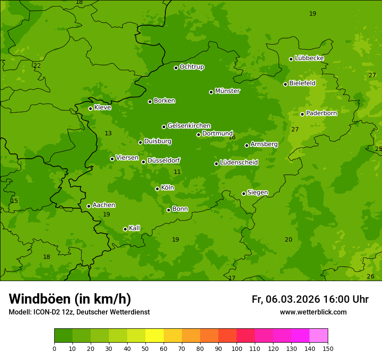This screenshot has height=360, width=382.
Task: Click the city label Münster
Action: tap(227, 91)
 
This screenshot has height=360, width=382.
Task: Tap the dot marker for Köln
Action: tap(157, 189)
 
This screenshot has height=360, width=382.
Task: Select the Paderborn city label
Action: tap(321, 113)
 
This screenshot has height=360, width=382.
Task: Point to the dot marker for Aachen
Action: tap(89, 206)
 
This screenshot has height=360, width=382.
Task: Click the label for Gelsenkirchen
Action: tap(189, 126)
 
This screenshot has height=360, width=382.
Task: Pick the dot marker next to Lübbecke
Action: tap(291, 59)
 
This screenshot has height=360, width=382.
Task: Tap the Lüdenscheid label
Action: tap(239, 163)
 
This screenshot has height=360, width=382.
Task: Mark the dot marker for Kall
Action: tap(125, 229)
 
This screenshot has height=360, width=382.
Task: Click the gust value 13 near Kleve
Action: tap(108, 133)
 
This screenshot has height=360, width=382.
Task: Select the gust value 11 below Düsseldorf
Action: tap(177, 172)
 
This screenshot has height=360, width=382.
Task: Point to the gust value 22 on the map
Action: tap(37, 65)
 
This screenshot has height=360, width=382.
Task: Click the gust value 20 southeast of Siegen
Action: tap(288, 239)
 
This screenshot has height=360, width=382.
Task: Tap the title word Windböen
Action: tap(40, 299)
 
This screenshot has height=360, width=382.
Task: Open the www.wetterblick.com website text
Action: tap(313, 312)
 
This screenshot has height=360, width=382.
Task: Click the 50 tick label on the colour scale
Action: tap(145, 348)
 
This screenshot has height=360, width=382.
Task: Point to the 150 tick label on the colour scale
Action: tap(328, 348)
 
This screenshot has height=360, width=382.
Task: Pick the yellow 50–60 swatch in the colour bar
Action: tap(155, 336)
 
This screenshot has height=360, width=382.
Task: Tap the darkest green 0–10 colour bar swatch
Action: tap(63, 336)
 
